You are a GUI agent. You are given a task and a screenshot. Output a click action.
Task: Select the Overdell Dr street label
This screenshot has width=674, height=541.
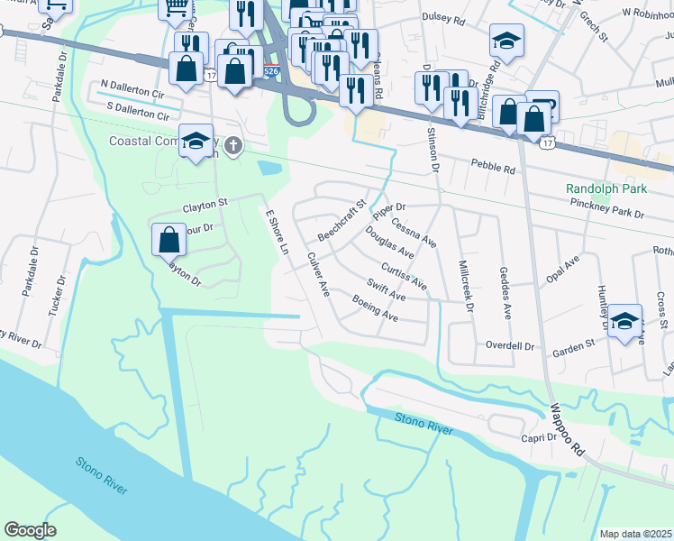[x=510, y=345]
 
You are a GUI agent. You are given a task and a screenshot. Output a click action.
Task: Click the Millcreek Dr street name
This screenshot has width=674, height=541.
[x=466, y=286]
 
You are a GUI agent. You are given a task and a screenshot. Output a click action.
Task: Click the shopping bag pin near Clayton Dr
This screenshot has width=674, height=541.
[x=169, y=240]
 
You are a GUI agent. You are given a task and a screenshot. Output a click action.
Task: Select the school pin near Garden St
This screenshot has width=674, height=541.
[x=624, y=321]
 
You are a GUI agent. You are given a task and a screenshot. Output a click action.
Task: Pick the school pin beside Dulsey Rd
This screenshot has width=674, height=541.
[x=506, y=39]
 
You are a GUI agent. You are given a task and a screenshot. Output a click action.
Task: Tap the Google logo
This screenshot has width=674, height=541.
[x=30, y=530]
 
